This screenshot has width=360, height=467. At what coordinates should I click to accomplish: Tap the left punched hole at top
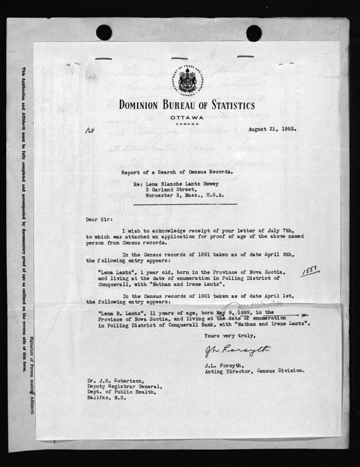click(x=104, y=33)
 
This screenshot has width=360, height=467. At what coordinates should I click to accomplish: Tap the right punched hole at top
click(x=254, y=33)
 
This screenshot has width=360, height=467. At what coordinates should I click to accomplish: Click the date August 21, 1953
click(x=272, y=129)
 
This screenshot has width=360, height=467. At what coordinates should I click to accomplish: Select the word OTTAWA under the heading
click(x=187, y=118)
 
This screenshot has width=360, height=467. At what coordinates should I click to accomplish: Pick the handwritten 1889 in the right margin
click(x=310, y=271)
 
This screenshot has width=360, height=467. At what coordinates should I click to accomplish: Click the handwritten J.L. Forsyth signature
click(x=237, y=351)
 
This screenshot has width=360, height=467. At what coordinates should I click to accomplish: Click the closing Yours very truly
click(x=229, y=336)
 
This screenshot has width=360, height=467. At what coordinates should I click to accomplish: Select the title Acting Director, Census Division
click(x=255, y=371)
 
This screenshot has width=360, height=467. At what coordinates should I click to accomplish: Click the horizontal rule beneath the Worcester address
click(x=185, y=204)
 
